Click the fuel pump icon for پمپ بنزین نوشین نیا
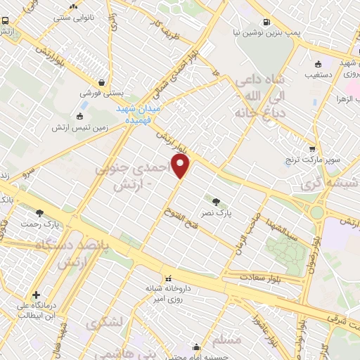click(266, 22)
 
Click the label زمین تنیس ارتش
click(79, 128)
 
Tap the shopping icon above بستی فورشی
click(103, 81)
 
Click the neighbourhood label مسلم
click(226, 340)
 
